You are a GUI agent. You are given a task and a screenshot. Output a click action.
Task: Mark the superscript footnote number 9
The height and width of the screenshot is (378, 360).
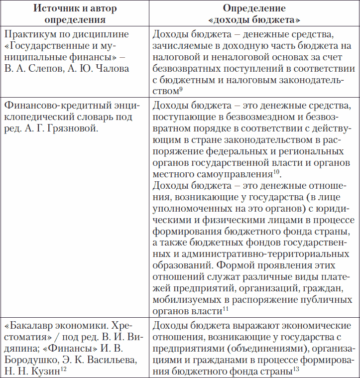coord(182,89)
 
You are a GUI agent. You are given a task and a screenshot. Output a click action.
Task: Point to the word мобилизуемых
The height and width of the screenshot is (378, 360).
coord(185,300)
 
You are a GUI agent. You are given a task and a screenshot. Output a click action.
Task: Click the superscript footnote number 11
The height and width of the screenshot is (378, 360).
coord(225,310)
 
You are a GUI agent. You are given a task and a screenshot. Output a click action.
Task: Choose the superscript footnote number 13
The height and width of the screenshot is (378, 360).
coord(296,370)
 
